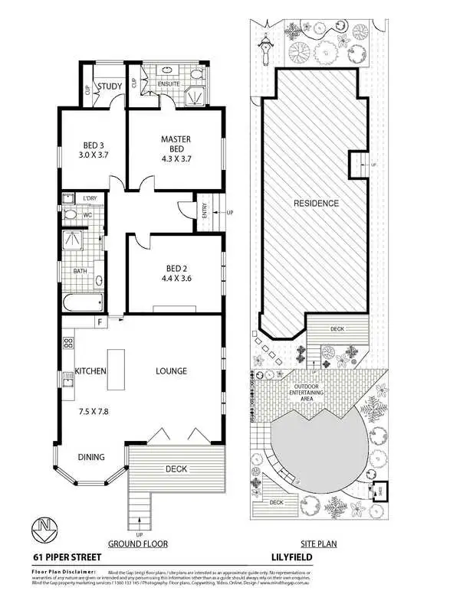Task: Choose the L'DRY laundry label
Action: (x=90, y=198)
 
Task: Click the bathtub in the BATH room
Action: (x=80, y=303)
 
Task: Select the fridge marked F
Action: (x=99, y=323)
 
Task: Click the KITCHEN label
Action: (x=90, y=371)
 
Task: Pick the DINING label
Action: (x=91, y=457)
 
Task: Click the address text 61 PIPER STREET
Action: (x=67, y=559)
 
